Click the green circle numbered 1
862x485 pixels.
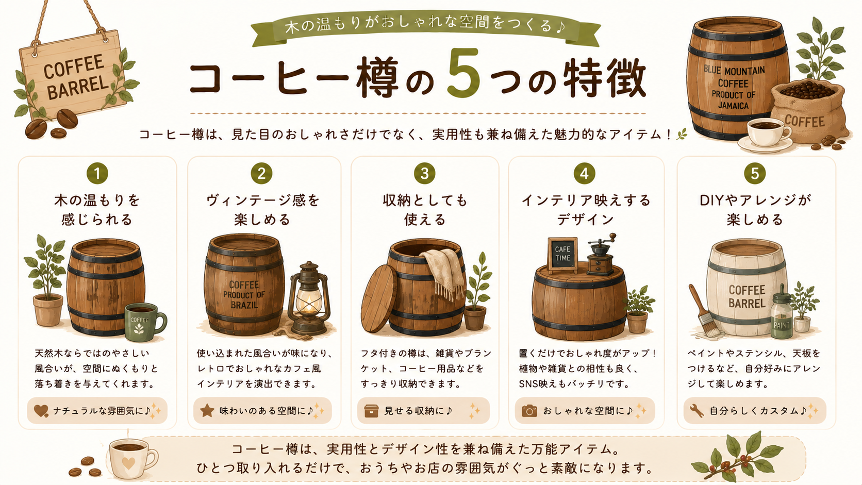(x=97, y=174)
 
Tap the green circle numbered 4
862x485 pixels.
(x=584, y=174)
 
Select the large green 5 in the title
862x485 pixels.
(x=463, y=73)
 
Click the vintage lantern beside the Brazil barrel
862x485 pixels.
(x=309, y=298)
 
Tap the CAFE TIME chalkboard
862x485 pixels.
(x=562, y=255)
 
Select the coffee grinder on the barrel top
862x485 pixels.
(x=602, y=254)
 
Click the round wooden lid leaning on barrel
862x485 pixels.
(x=378, y=298)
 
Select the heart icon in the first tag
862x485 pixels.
(x=41, y=411)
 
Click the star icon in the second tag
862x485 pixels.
(x=207, y=410)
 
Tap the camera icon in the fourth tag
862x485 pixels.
(x=529, y=411)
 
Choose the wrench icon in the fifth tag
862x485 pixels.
(x=697, y=411)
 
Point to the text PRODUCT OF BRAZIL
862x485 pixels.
(x=244, y=300)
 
